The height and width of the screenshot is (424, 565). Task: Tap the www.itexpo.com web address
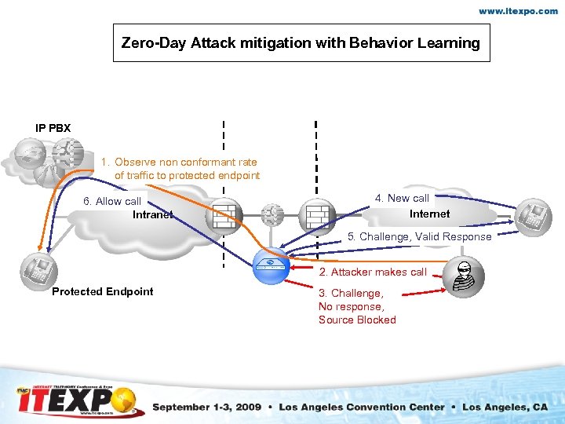(519, 12)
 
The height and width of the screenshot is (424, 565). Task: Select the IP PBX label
(53, 127)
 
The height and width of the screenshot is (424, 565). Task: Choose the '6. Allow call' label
(112, 201)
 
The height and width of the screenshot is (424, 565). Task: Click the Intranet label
(152, 214)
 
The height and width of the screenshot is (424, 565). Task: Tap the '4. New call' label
(402, 198)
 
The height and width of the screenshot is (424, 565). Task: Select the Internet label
(429, 214)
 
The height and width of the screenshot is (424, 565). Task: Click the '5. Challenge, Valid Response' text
(420, 236)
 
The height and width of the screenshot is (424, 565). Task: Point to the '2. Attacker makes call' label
(372, 272)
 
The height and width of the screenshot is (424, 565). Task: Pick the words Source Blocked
(357, 320)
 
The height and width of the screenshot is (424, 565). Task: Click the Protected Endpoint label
(103, 291)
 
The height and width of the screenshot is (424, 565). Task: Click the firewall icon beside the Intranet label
(224, 214)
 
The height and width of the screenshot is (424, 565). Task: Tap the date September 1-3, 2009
(206, 407)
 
